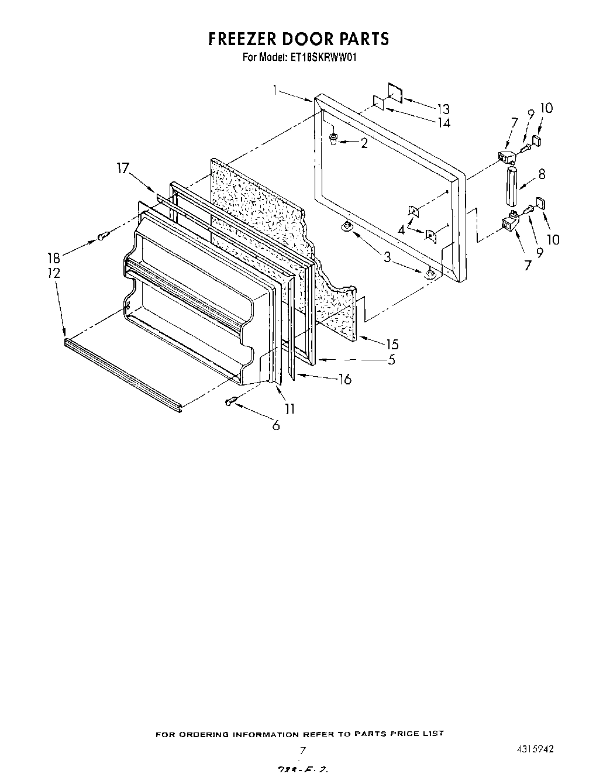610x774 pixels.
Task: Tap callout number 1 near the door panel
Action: (x=275, y=90)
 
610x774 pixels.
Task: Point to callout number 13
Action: (x=443, y=109)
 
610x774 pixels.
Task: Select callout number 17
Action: (x=122, y=169)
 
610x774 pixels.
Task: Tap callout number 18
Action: (x=54, y=257)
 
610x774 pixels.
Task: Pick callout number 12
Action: (x=54, y=273)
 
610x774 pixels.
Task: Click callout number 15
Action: (x=391, y=345)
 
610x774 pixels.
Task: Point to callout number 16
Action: (x=344, y=380)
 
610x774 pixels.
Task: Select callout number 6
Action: (x=275, y=425)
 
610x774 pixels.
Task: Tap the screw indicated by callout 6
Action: (x=231, y=401)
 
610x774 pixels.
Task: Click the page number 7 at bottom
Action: (x=302, y=750)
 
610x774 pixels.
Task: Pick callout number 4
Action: (x=401, y=230)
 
